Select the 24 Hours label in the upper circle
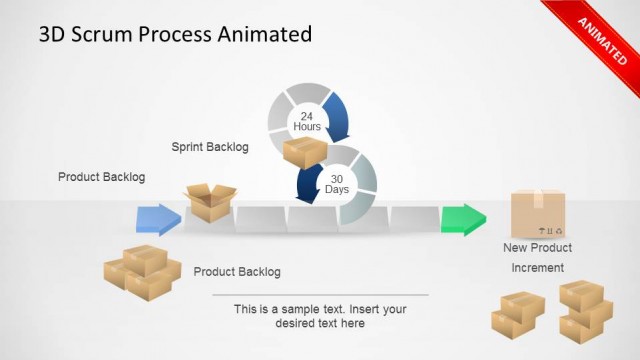[307, 122]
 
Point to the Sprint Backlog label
[210, 147]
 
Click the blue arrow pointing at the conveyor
[158, 219]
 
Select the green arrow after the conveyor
[462, 218]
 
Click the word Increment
[538, 268]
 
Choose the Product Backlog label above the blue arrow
[101, 177]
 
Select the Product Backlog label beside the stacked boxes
[237, 272]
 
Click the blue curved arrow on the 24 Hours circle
[336, 116]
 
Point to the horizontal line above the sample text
[320, 295]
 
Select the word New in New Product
[516, 248]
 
